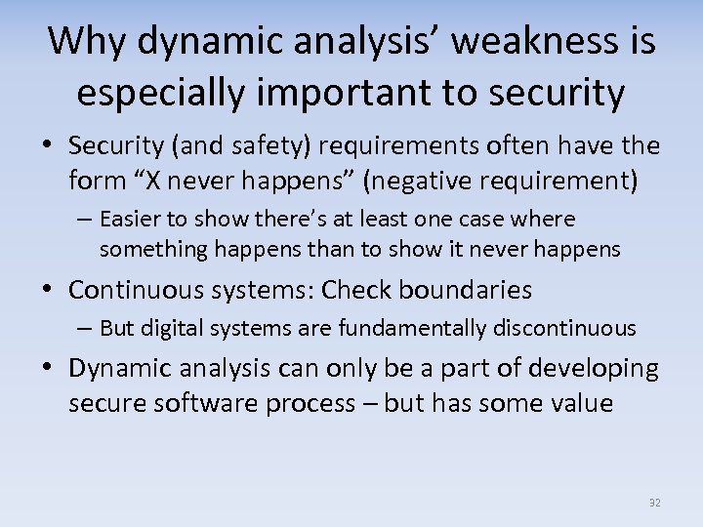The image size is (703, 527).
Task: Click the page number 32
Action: (654, 503)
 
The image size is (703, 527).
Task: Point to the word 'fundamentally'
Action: (400, 329)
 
